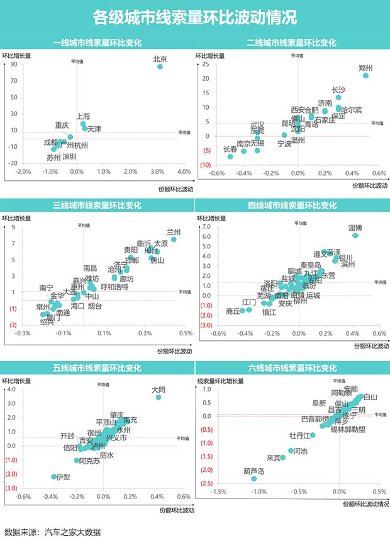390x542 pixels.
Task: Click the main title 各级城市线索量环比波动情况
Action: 194,17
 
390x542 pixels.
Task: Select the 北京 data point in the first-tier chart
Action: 160,66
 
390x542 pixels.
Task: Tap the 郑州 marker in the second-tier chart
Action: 365,76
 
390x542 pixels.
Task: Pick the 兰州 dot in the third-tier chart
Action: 174,239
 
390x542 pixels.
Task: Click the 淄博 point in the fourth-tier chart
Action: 355,235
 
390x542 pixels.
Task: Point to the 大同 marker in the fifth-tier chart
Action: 159,397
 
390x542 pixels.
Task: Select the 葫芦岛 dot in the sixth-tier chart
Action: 254,479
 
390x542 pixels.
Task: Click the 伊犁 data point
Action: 54,476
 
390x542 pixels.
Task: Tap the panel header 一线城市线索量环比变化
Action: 97,43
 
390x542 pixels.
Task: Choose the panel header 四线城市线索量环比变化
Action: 292,205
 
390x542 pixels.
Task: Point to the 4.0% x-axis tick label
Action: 184,172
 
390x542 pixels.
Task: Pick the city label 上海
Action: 83,117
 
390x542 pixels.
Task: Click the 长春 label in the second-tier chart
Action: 231,149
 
